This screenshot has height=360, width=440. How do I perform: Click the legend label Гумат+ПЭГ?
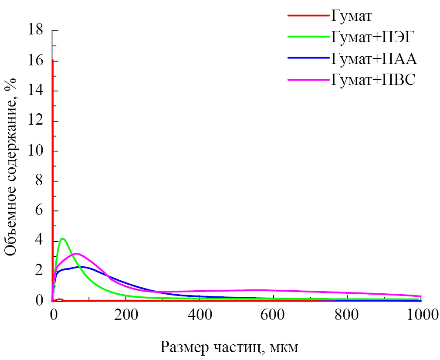372,37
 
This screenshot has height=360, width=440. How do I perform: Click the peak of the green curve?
63,238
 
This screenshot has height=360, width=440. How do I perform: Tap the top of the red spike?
53,60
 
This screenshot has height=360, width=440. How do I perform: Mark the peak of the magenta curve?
77,253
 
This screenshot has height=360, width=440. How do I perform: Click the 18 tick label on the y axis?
35,31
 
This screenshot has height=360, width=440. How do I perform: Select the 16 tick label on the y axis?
35,61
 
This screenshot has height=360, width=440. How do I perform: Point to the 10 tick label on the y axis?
35,151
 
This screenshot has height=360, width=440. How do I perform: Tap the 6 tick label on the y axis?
39,211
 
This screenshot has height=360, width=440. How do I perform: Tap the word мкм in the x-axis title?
285,348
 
